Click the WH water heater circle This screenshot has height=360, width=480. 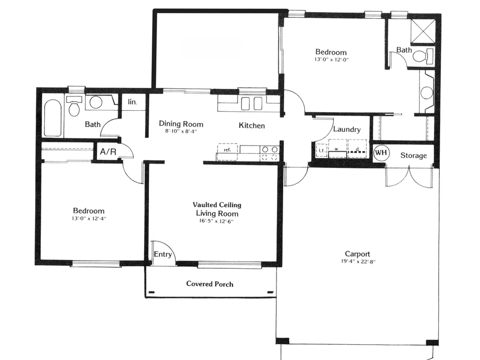[381, 153]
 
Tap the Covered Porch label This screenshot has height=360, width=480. [210, 284]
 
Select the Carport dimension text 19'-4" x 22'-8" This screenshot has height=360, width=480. [358, 262]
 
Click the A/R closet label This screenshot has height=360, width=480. [108, 152]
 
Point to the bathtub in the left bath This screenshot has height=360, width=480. [53, 118]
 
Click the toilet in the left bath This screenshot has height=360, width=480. [74, 106]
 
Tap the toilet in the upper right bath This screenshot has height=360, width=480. [423, 56]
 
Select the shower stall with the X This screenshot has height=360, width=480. [423, 31]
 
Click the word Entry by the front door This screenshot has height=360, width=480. [163, 254]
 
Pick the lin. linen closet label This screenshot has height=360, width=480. [132, 102]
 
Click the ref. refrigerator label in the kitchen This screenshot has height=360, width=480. [227, 150]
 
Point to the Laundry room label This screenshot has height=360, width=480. [347, 130]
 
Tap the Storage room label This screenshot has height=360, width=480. [414, 156]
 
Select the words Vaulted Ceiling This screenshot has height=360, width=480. [217, 205]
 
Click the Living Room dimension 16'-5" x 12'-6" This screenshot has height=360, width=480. [216, 221]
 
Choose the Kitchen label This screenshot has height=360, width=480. [252, 125]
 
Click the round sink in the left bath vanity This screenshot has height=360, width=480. [96, 102]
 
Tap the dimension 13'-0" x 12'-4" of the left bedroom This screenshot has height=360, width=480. [89, 218]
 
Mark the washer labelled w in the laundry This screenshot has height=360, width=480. [337, 148]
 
